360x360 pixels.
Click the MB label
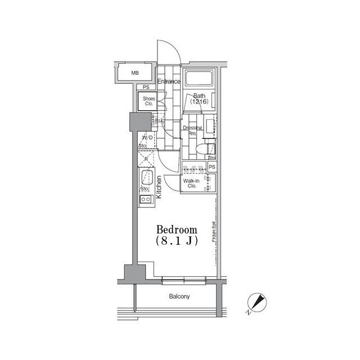point(135,73)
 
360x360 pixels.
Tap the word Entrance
point(169,82)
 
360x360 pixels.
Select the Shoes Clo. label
point(148,101)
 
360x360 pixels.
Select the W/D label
point(147,138)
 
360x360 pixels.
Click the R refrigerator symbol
point(146,159)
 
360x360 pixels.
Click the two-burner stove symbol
point(146,200)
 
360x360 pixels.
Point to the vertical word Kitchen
point(159,187)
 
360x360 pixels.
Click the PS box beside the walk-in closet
point(212,168)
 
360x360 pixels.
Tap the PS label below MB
point(146,87)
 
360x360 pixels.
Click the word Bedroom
point(177,229)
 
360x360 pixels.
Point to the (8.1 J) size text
point(177,241)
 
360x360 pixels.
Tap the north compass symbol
point(258,303)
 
